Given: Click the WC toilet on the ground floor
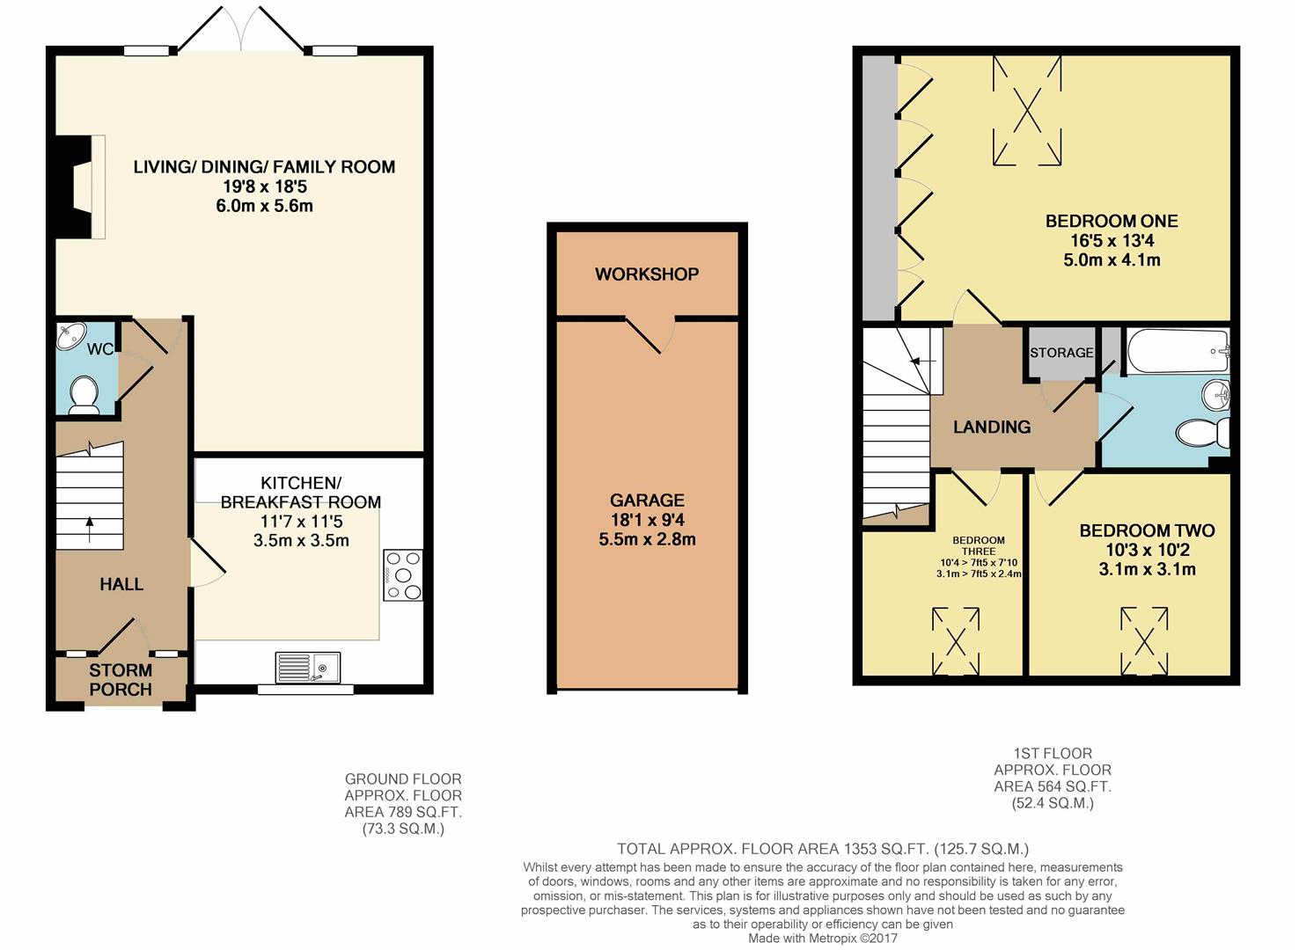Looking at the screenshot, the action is pos(84,395).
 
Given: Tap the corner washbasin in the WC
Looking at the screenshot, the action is pos(71,336).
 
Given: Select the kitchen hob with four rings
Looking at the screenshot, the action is pos(403,575).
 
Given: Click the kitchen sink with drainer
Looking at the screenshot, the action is pos(308,667).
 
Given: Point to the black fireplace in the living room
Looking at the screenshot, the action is pos(74,186).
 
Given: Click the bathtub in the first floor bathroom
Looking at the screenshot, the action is pos(1178,351).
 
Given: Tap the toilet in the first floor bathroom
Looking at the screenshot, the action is pos(1203,432).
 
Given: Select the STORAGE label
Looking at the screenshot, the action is pos(1061,353).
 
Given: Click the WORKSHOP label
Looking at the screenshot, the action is pos(647,274).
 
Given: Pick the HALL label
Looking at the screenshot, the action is pos(121,584).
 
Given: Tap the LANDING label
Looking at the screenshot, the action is pos(992,427).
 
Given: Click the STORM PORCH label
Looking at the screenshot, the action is pos(121,680).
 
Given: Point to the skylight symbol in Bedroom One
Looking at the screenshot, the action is pos(1027,111).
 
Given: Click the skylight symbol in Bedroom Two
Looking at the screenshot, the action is pos(1144,641).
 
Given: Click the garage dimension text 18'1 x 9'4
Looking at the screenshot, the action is pos(647,520).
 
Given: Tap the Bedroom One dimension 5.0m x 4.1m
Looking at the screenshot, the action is pos(1112,259).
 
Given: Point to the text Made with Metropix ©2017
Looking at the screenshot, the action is pos(822,938).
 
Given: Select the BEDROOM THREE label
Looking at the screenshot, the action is pos(979,545).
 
